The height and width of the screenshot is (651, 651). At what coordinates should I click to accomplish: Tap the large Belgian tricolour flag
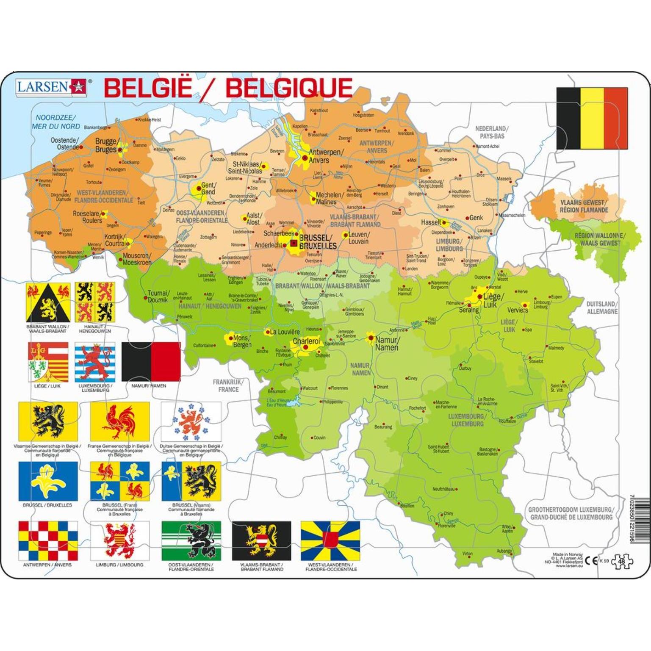tap(592, 118)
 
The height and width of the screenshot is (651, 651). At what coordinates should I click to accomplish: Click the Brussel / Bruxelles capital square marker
tap(294, 243)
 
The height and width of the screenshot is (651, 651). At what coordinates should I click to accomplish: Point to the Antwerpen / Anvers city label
tap(326, 156)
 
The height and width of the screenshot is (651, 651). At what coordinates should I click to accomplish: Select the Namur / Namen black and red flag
tap(151, 362)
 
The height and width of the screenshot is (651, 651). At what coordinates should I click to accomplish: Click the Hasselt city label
tap(431, 222)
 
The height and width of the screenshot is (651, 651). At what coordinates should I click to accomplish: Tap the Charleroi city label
tap(306, 341)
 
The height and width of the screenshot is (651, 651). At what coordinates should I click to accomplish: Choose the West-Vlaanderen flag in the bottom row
tap(330, 541)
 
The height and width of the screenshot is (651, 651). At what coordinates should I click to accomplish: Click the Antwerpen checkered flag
tap(48, 541)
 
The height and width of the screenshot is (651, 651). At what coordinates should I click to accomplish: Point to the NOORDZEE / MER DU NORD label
tap(55, 122)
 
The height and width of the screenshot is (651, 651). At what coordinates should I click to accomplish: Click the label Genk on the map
tap(476, 218)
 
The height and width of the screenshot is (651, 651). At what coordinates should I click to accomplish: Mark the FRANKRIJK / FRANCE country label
tap(228, 385)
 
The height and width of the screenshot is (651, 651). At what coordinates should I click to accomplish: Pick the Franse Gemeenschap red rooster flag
tap(120, 421)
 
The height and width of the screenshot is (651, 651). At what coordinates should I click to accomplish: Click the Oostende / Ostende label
tap(64, 144)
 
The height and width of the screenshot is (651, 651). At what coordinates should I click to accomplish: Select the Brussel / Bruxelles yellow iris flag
tap(48, 481)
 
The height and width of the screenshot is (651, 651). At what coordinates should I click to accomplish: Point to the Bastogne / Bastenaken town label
tap(488, 452)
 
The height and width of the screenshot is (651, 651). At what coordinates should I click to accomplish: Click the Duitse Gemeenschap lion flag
tap(191, 421)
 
